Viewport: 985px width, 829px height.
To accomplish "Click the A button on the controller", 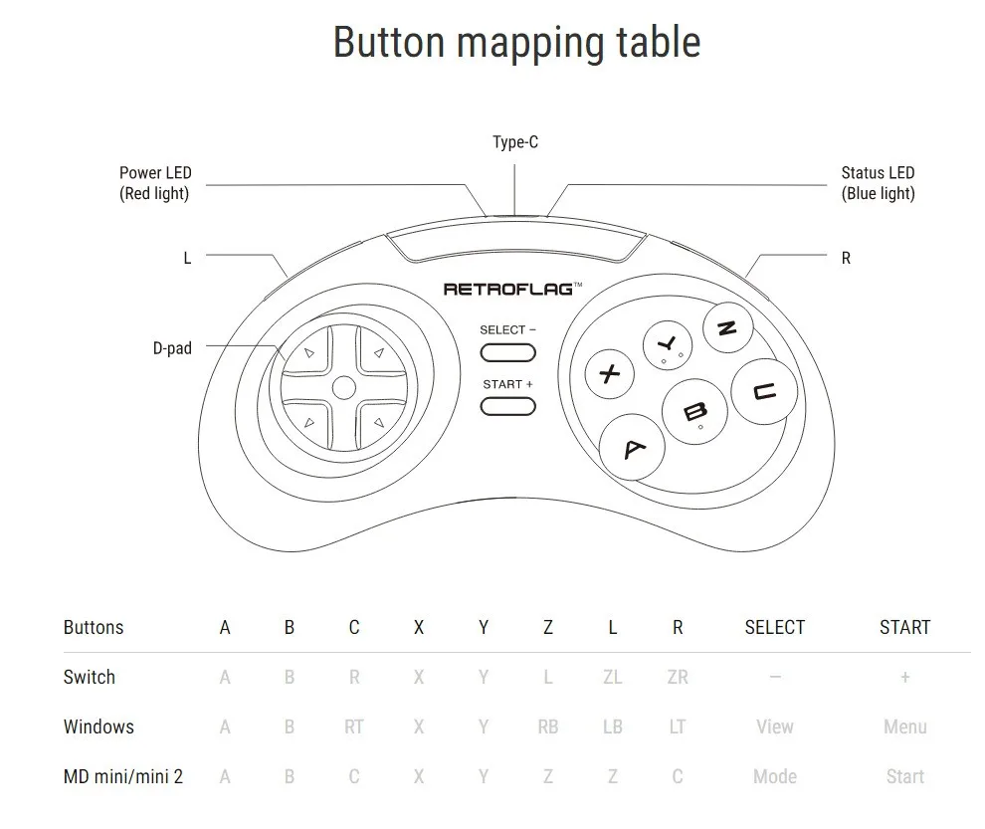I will pyautogui.click(x=634, y=449).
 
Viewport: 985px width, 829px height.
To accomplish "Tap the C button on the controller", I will pyautogui.click(x=765, y=391).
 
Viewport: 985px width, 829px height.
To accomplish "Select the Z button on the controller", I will pyautogui.click(x=727, y=329).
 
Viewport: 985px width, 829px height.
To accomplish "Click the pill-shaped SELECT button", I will pyautogui.click(x=507, y=352).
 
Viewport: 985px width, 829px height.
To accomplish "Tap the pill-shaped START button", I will pyautogui.click(x=507, y=406).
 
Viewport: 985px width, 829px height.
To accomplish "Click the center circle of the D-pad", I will pyautogui.click(x=343, y=387).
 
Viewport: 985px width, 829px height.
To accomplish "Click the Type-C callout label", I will pyautogui.click(x=515, y=142).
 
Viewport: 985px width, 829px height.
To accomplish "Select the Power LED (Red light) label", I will pyautogui.click(x=154, y=183).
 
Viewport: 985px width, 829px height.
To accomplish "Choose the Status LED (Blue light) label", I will pyautogui.click(x=878, y=183).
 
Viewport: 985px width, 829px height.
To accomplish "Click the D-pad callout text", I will pyautogui.click(x=172, y=348).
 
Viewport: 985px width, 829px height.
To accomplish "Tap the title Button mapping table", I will pyautogui.click(x=516, y=42).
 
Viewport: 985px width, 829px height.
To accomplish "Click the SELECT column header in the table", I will pyautogui.click(x=774, y=627).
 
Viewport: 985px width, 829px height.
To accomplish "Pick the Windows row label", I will pyautogui.click(x=98, y=726).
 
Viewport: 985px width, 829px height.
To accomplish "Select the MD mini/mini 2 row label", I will pyautogui.click(x=123, y=776).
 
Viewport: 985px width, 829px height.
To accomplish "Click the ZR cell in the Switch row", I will pyautogui.click(x=678, y=677).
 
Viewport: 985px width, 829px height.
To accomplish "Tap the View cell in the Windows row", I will pyautogui.click(x=774, y=726).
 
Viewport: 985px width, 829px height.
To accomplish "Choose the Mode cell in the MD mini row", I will pyautogui.click(x=774, y=776).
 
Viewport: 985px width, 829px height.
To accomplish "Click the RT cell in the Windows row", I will pyautogui.click(x=354, y=726).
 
